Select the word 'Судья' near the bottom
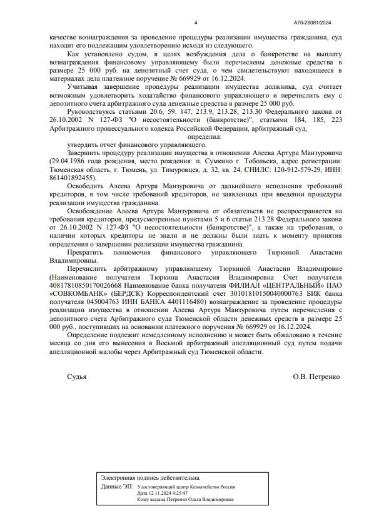pyautogui.click(x=77, y=377)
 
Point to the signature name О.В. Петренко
pyautogui.click(x=316, y=377)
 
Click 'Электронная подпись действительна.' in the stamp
pyautogui.click(x=151, y=478)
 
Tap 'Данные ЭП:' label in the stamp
pyautogui.click(x=116, y=486)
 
